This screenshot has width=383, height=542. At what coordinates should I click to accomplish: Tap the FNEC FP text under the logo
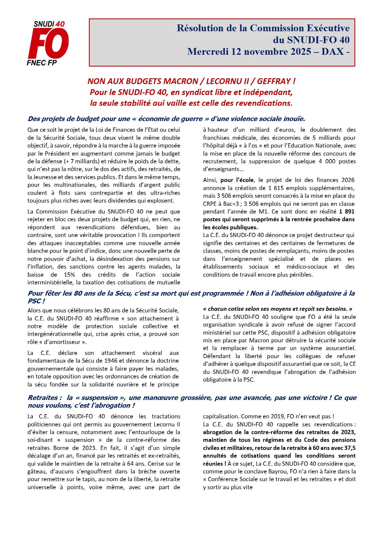(x=42, y=63)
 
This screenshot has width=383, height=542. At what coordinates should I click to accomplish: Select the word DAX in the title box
(x=332, y=52)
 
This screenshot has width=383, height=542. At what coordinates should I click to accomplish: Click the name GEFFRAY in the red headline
(x=274, y=81)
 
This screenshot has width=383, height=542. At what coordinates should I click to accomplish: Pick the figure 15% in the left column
(x=70, y=275)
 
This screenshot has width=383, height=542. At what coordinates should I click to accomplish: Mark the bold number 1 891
(x=347, y=212)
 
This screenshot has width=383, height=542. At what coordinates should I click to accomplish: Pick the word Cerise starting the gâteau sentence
(x=163, y=464)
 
